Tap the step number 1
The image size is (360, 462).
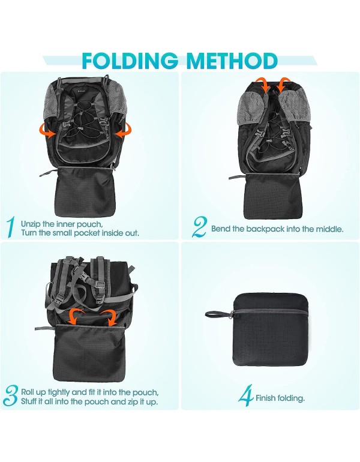click(x=10, y=227)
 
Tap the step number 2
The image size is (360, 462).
click(x=199, y=227)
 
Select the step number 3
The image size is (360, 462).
click(x=11, y=396)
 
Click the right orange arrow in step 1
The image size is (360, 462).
click(x=124, y=129)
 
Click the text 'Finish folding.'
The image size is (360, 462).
click(x=280, y=398)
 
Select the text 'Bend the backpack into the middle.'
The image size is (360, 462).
click(x=277, y=229)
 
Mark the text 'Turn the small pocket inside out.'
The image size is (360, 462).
click(x=80, y=232)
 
